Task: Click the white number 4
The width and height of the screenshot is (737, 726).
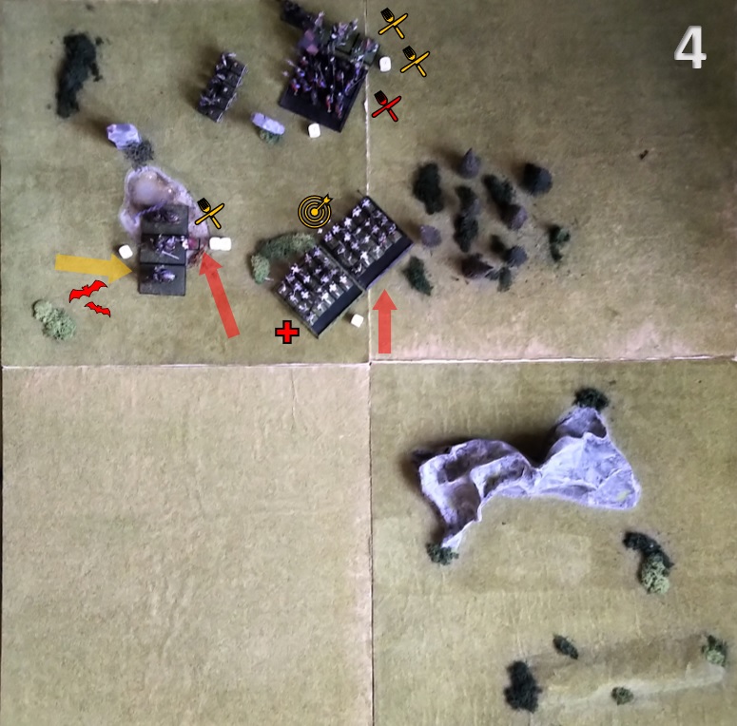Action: pyautogui.click(x=689, y=48)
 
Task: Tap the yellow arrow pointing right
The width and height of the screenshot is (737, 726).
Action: pyautogui.click(x=93, y=266)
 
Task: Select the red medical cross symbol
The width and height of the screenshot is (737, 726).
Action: pyautogui.click(x=287, y=332)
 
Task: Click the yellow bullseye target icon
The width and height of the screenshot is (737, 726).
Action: pyautogui.click(x=315, y=210)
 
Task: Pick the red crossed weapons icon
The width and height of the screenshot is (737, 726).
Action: pyautogui.click(x=386, y=106)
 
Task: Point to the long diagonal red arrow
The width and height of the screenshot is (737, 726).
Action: pyautogui.click(x=219, y=296)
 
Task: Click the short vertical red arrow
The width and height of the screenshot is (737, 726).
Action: pyautogui.click(x=384, y=321)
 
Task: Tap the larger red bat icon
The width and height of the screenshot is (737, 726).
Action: pyautogui.click(x=87, y=291)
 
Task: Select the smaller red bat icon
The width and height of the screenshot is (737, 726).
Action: pyautogui.click(x=98, y=309)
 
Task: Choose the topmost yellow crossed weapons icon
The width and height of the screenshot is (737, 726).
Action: pyautogui.click(x=393, y=23)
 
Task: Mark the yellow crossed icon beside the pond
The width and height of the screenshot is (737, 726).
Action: pyautogui.click(x=209, y=213)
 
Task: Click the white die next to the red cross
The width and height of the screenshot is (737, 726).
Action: pyautogui.click(x=357, y=321)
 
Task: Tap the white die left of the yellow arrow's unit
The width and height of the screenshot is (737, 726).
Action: pyautogui.click(x=126, y=252)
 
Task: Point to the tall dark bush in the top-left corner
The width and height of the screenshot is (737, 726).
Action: pyautogui.click(x=77, y=73)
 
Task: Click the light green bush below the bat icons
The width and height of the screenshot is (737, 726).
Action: pyautogui.click(x=54, y=319)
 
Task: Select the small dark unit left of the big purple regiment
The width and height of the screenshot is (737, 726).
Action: pyautogui.click(x=222, y=86)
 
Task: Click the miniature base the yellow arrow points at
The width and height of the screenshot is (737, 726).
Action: pyautogui.click(x=163, y=279)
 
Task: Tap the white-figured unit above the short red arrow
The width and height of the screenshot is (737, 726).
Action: pyautogui.click(x=367, y=241)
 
